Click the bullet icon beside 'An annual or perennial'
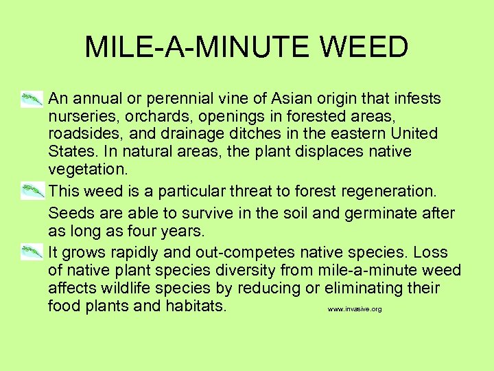(x=32, y=100)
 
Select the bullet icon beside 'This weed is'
(x=32, y=191)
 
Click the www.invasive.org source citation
(x=354, y=310)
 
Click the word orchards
(x=158, y=116)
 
